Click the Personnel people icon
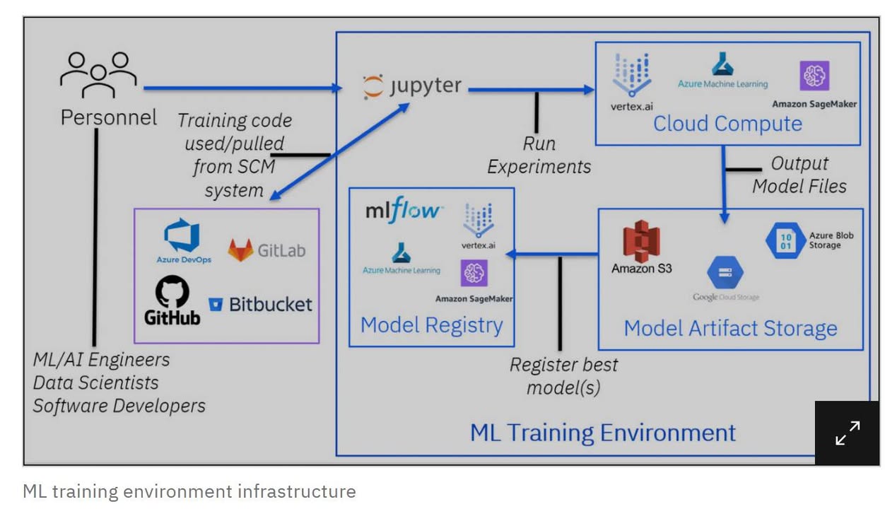[x=98, y=74]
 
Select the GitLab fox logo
[x=241, y=250]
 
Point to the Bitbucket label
[x=270, y=305]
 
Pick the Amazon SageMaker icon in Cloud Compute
[x=814, y=76]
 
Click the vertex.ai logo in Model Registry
[x=479, y=220]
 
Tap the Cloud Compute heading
[x=727, y=124]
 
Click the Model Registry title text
[x=431, y=325]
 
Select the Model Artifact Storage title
[x=730, y=328]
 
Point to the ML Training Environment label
[x=603, y=432]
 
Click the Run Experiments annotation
[x=539, y=155]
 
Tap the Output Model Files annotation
[x=799, y=175]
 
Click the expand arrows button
[x=847, y=433]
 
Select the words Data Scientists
[x=95, y=382]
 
